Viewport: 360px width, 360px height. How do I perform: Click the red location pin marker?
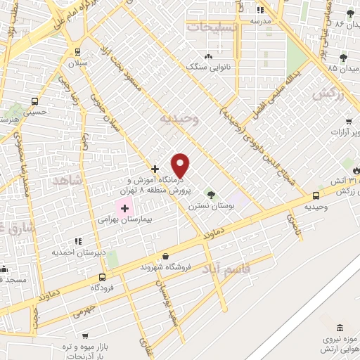click(x=181, y=166)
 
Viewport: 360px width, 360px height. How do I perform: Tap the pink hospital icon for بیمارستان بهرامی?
click(x=125, y=208)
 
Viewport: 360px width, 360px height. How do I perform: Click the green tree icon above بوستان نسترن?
click(x=209, y=193)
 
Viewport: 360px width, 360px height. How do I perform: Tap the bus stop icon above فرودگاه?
click(x=103, y=277)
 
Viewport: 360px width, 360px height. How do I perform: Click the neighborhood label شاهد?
click(x=67, y=181)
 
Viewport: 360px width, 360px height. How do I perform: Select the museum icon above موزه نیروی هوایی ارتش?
click(x=340, y=328)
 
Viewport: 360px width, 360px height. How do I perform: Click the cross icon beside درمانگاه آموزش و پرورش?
click(x=155, y=169)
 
